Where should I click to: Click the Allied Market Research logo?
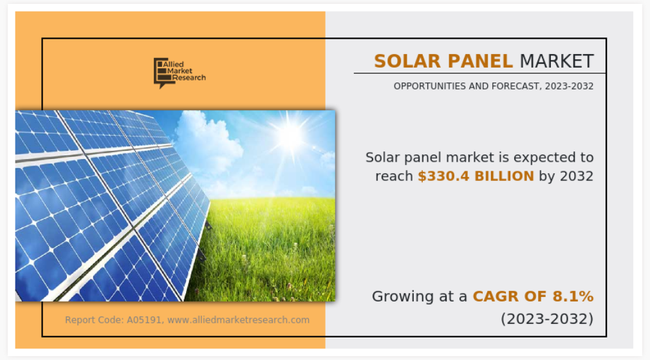[180, 73]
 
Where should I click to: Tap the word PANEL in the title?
[480, 61]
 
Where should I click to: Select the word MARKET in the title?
[557, 61]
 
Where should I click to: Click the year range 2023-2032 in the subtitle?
[569, 86]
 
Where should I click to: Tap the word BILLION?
[504, 176]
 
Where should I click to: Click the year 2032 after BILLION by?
[577, 176]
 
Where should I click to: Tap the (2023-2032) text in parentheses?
[547, 319]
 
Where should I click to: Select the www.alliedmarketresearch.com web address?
[238, 320]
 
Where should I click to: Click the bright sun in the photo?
[290, 136]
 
